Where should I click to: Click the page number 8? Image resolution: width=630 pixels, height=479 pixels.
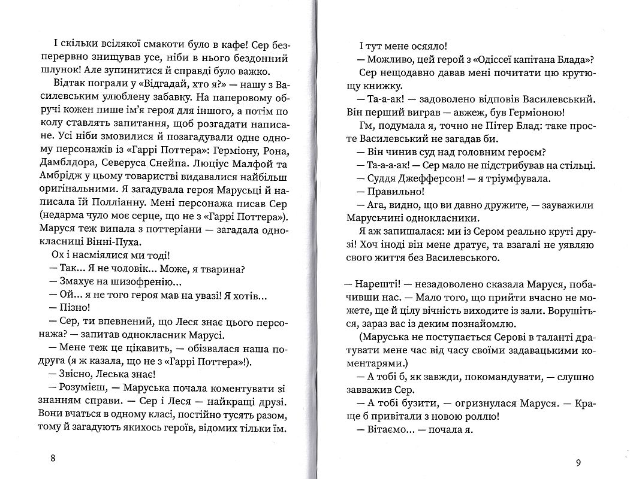[53, 459]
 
